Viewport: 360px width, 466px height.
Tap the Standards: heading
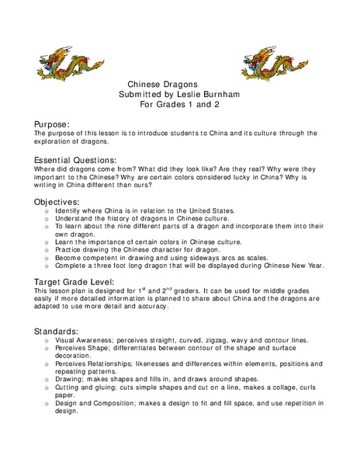coord(57,331)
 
